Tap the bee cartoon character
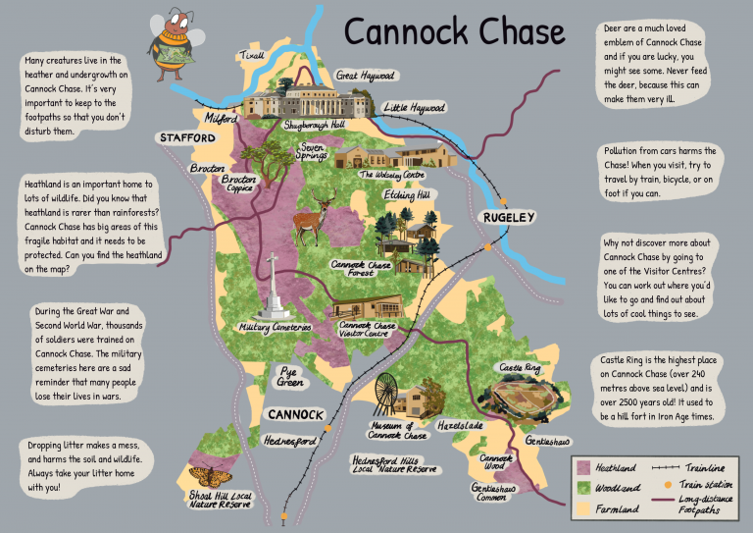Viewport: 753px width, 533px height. pos(171,44)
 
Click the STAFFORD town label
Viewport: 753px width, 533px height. pos(187,139)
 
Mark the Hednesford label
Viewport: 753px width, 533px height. pos(290,442)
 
